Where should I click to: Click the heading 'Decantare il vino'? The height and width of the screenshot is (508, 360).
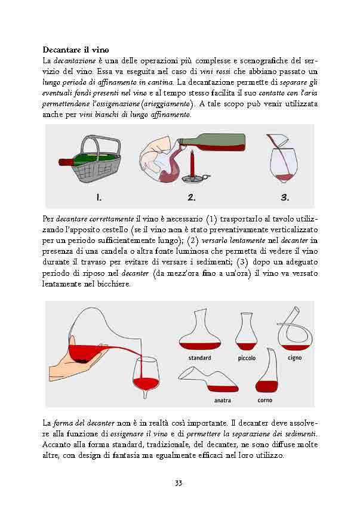click(x=75, y=49)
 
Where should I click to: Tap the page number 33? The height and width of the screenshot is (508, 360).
click(x=179, y=483)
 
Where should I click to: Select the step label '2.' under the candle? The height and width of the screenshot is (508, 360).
click(x=191, y=197)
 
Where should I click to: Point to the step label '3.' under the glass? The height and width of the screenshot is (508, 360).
click(x=285, y=197)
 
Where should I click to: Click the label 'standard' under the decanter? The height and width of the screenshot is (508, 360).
click(x=199, y=358)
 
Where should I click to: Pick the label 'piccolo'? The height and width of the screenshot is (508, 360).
click(x=247, y=358)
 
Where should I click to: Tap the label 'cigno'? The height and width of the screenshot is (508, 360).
click(x=294, y=358)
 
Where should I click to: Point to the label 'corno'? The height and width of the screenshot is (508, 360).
click(x=265, y=400)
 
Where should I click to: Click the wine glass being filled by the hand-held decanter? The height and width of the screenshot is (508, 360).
click(x=146, y=375)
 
